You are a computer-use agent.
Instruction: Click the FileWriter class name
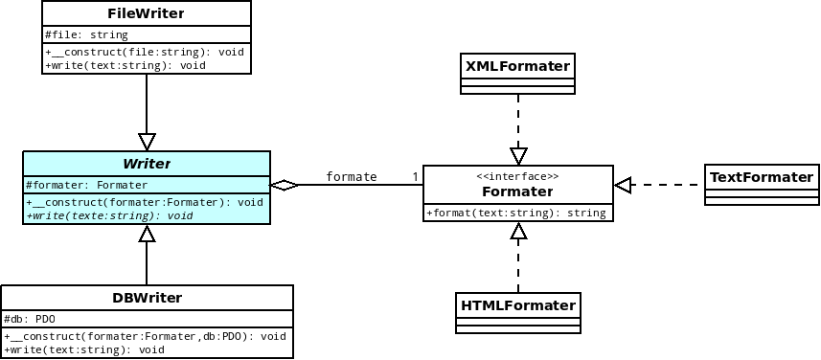[x=146, y=14]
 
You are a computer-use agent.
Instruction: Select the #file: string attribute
[x=86, y=35]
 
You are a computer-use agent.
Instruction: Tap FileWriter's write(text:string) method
[x=125, y=65]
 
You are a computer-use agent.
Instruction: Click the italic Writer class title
[x=146, y=164]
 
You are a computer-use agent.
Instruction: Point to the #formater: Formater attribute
[x=86, y=185]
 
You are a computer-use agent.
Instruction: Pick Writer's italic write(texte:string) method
[x=109, y=215]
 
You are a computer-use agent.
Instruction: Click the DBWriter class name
[x=147, y=298]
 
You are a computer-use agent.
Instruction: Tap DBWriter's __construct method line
[x=145, y=336]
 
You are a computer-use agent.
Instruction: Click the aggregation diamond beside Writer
[x=285, y=185]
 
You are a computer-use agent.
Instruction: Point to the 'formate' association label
[x=351, y=176]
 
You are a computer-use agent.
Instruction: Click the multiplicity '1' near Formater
[x=415, y=176]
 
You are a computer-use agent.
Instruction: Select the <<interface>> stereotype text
[x=517, y=177]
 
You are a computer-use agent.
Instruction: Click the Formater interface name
[x=517, y=191]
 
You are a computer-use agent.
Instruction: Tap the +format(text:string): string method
[x=516, y=213]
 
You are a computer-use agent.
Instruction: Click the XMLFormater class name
[x=517, y=66]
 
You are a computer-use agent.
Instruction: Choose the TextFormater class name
[x=762, y=177]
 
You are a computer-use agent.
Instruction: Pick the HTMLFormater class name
[x=518, y=305]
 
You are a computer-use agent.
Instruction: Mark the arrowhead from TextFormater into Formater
[x=624, y=185]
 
